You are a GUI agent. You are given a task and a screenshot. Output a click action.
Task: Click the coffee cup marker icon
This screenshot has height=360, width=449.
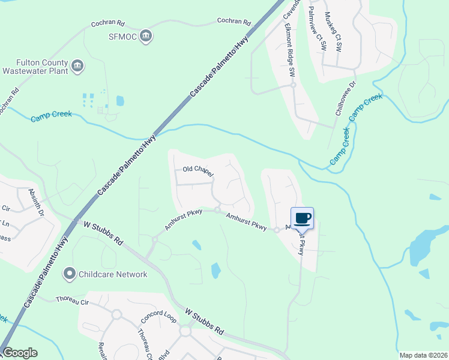(x=302, y=218)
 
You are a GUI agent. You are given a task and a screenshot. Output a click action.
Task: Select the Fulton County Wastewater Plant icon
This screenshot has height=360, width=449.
(x=77, y=65)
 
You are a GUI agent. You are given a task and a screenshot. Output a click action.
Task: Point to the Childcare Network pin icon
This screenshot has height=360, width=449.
(x=70, y=274)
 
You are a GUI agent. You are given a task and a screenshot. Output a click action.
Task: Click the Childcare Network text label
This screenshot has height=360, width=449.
(x=113, y=274)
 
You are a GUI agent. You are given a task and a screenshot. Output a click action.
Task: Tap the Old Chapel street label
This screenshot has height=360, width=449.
(x=198, y=171)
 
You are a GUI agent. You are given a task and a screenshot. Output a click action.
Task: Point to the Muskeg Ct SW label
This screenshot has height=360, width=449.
(x=333, y=28)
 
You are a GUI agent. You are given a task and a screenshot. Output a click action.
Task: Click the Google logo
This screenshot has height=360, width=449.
(x=20, y=353)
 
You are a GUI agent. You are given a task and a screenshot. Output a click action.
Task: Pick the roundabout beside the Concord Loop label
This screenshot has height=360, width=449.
(x=184, y=331)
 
